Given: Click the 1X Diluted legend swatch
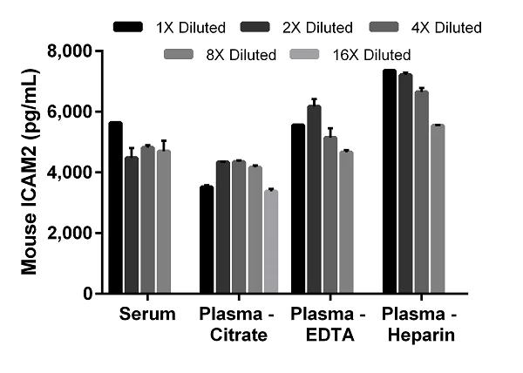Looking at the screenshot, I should click(x=130, y=28).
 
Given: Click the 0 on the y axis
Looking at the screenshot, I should click(x=89, y=294).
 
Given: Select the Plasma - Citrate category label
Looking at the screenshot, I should click(x=238, y=324).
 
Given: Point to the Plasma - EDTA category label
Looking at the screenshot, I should click(x=329, y=324).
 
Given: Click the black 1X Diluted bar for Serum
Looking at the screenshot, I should click(x=116, y=208).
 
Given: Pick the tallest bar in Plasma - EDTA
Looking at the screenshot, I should click(x=314, y=200).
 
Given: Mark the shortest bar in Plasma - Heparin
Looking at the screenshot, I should click(x=437, y=209).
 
